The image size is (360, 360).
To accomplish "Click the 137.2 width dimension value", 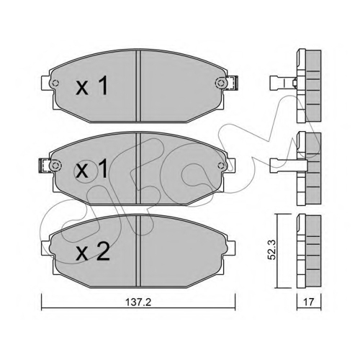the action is coord(138,302).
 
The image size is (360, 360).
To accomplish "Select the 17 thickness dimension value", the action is coord(309,302).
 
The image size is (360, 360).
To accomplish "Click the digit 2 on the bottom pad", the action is coord(103,251).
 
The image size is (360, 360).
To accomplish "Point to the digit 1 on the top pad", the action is coord(103,86).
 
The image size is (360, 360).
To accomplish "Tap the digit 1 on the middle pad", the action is coord(103,168).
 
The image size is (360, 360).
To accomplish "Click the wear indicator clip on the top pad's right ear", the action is coord(232,83).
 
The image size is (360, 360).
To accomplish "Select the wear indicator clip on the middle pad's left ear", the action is coord(44,166).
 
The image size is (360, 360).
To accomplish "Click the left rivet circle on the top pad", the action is coord(55,84).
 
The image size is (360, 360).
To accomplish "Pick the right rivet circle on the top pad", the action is coord(220,83).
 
